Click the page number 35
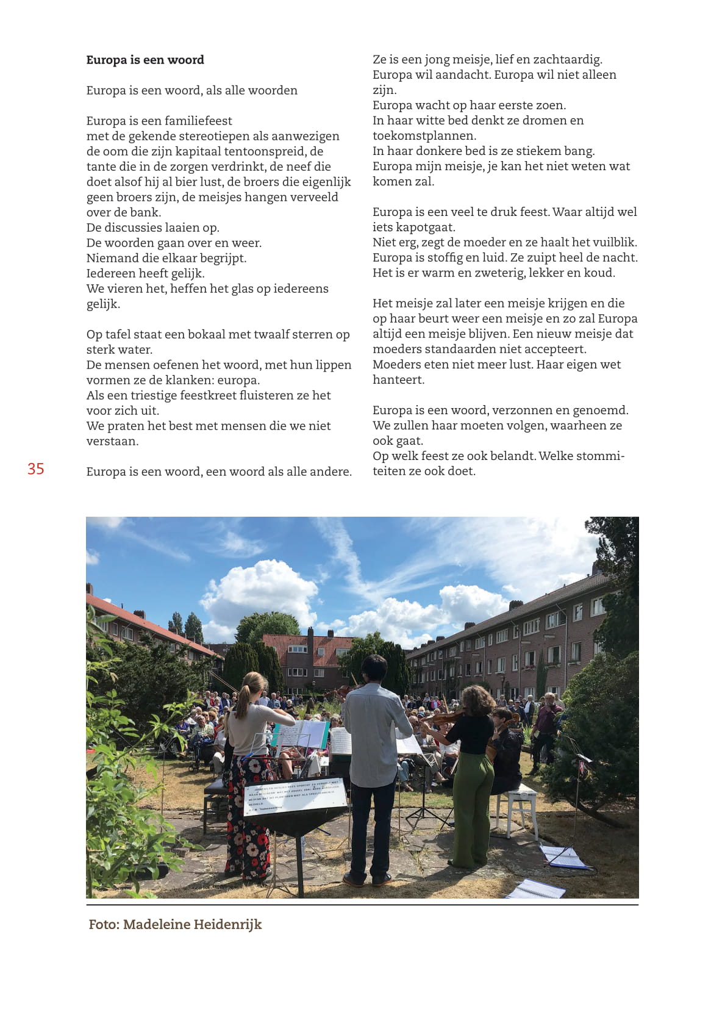click(x=36, y=469)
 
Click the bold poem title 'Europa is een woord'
click(x=145, y=60)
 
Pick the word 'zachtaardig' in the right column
click(x=567, y=60)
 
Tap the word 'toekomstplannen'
click(x=424, y=136)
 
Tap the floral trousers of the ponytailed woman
click(x=248, y=817)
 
